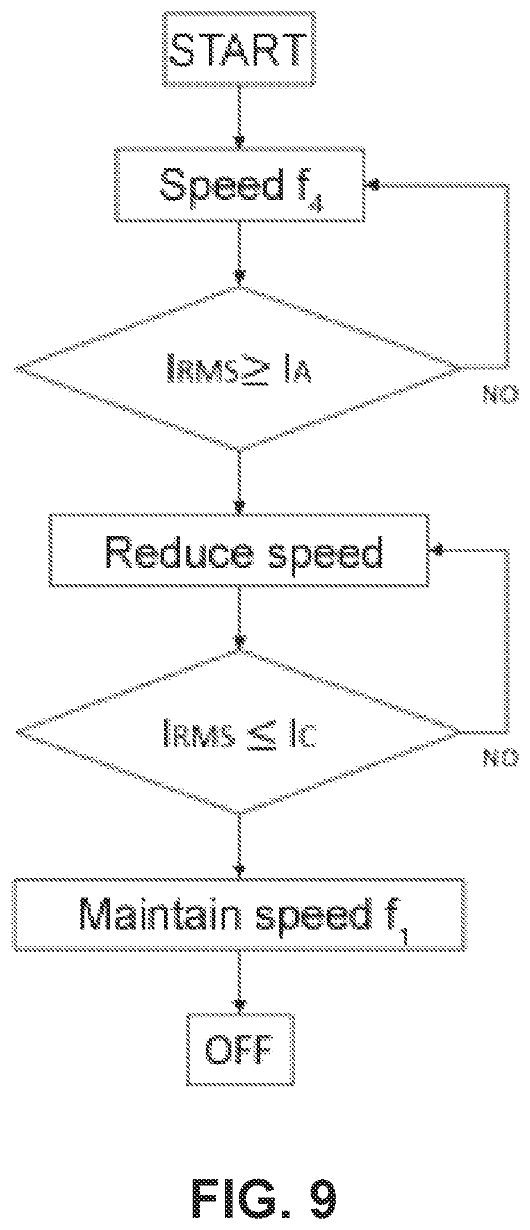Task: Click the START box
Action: pos(239,51)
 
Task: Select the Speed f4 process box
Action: pos(239,184)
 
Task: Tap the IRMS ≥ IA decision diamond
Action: pos(239,368)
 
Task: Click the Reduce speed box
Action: pos(239,550)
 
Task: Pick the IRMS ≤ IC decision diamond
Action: pos(239,733)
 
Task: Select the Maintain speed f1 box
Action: pos(239,915)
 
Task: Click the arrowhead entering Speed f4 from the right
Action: pos(374,184)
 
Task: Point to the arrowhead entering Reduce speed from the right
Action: pos(438,550)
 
